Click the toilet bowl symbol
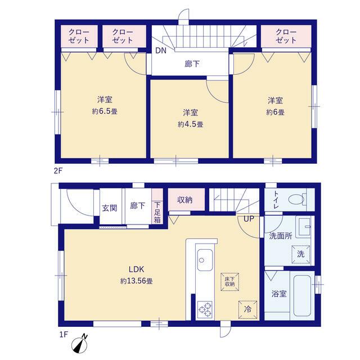pos(298,199)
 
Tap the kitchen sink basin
pos(205,260)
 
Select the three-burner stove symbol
pos(205,309)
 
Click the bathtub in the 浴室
pos(302,296)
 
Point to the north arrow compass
pos(80,344)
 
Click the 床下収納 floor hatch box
pos(229,282)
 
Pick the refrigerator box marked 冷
pos(247,309)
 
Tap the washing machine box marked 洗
pos(301,254)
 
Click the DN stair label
pos(161,51)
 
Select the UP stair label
pos(249,219)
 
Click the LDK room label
pos(136,269)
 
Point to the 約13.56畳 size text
pos(136,281)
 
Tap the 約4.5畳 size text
pos(190,124)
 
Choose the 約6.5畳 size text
pos(105,111)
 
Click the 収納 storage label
pos(185,200)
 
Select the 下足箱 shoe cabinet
pos(157,206)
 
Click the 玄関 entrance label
pos(110,208)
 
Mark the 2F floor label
pos(58,171)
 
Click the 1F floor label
pos(64,335)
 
